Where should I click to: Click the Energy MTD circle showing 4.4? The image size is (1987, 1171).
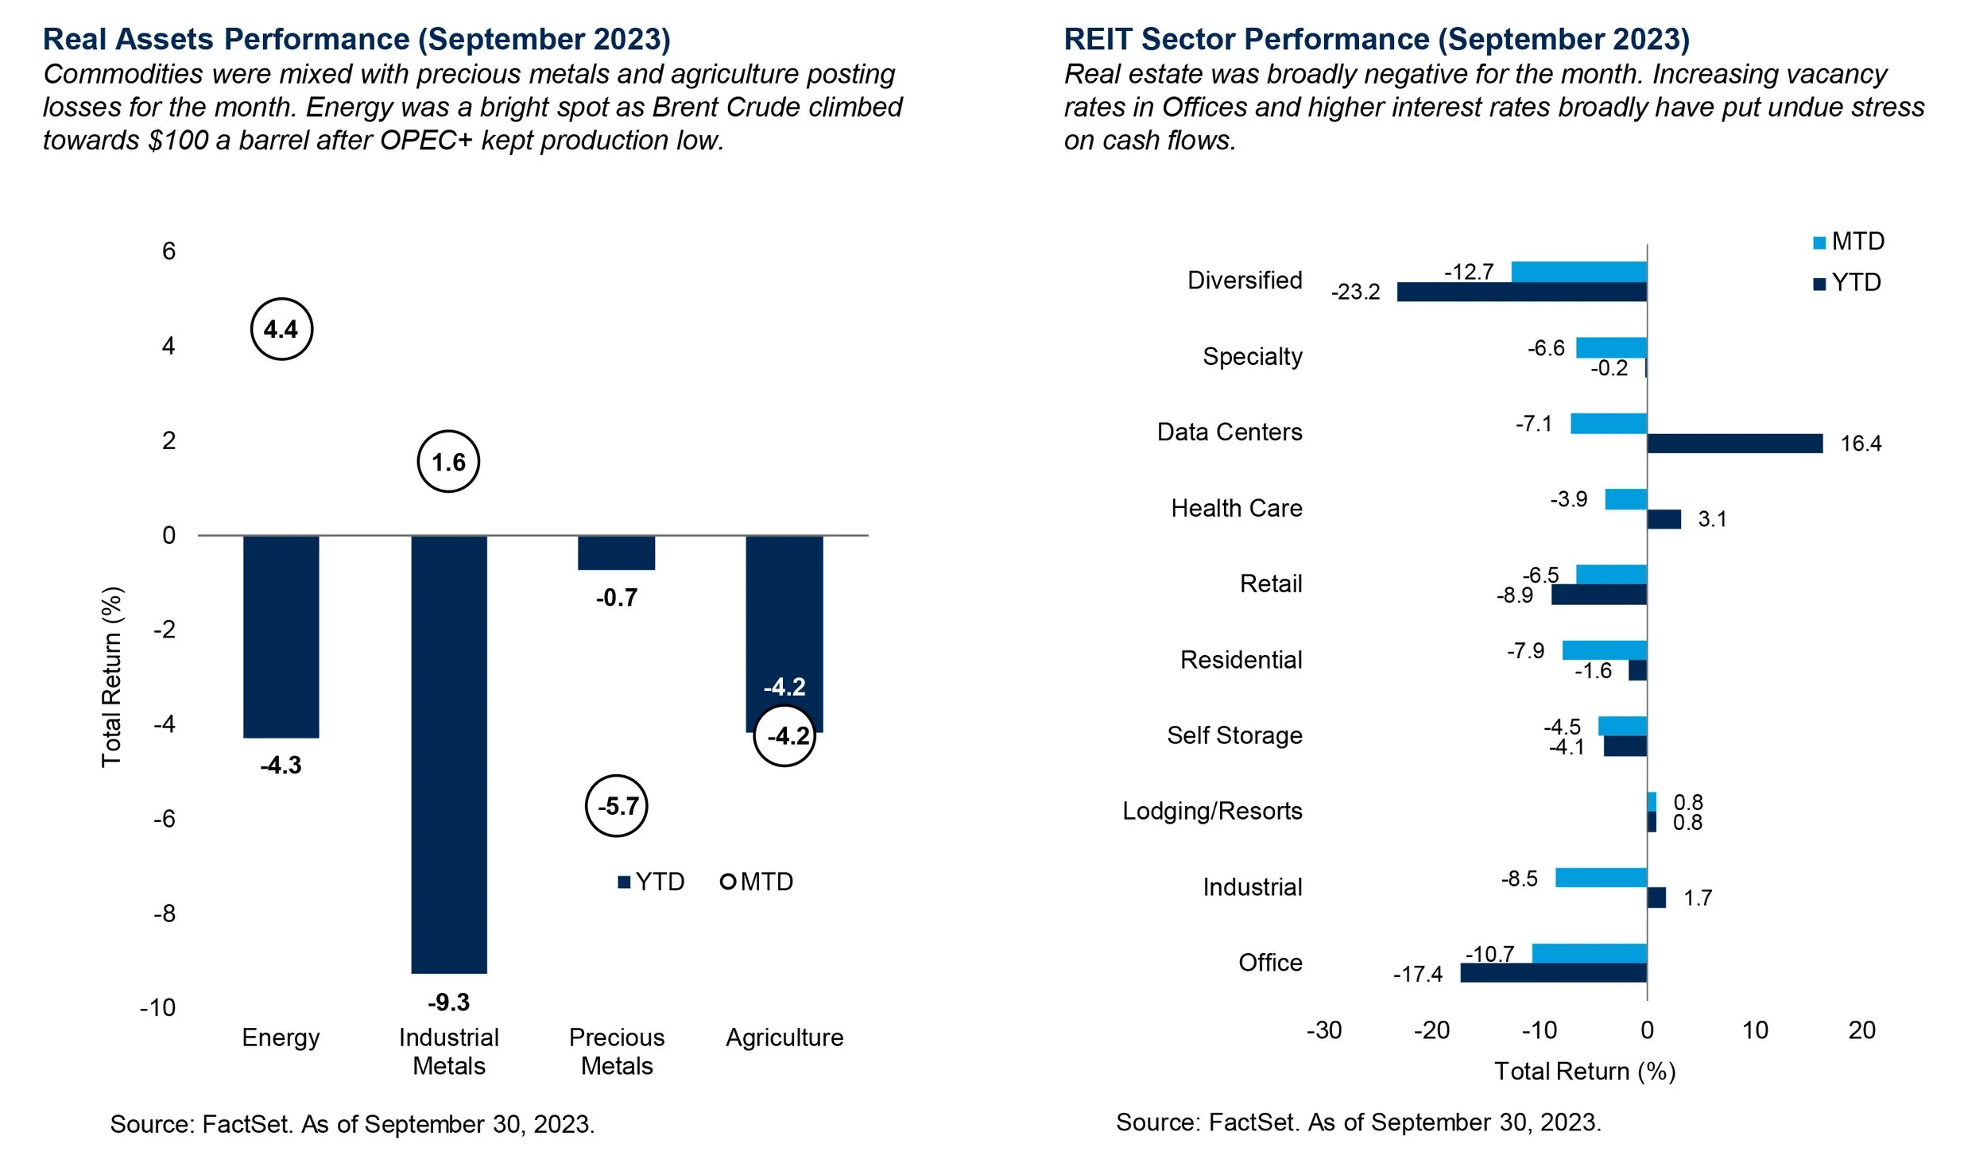point(281,329)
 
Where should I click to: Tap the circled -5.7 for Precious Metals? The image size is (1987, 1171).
point(617,806)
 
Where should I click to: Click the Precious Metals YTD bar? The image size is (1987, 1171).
point(616,553)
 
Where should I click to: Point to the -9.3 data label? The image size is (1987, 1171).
point(448,1002)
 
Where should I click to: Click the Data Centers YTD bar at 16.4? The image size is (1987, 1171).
point(1734,444)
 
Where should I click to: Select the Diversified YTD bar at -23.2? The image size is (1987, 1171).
point(1521,292)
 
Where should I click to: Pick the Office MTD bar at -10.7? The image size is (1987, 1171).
point(1589,953)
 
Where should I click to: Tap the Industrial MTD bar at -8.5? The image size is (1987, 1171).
point(1601,878)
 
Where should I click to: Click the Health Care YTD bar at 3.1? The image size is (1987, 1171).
point(1664,519)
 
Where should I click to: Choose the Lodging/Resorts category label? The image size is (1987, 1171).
point(1212,811)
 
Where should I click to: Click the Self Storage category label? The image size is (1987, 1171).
point(1234,735)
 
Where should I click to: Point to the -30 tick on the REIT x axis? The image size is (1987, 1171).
point(1324,1030)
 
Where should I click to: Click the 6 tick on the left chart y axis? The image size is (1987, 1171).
point(168,251)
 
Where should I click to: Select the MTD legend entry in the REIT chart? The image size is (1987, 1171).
point(1849,242)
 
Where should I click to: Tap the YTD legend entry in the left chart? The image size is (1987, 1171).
point(651,882)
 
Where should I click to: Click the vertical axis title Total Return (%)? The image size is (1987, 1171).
point(112,677)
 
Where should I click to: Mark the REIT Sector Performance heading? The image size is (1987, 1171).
point(1377,39)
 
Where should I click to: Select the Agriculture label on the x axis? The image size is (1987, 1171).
point(784,1037)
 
